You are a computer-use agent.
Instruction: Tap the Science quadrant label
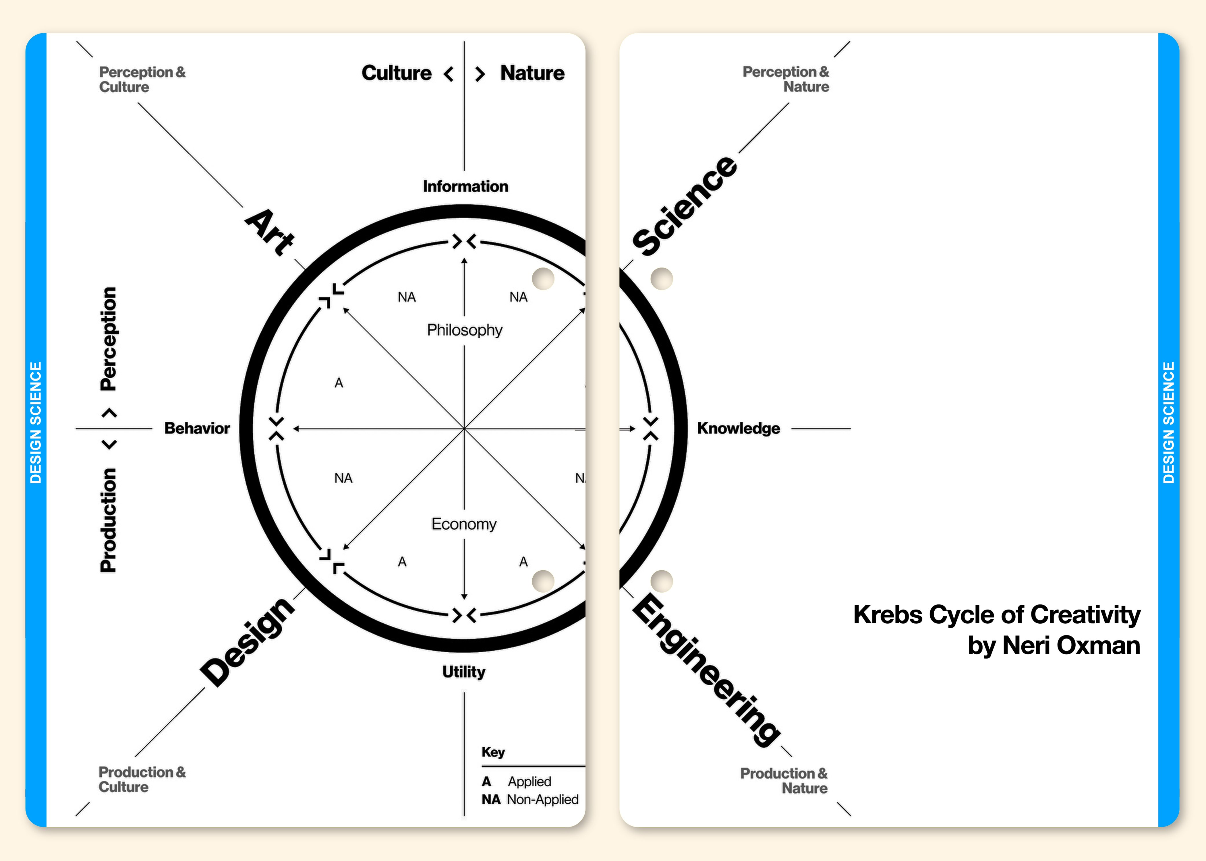685,206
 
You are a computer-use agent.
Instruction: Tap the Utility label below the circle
464,672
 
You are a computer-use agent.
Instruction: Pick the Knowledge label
738,428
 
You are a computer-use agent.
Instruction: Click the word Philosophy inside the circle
465,330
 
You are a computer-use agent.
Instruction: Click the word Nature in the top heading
532,73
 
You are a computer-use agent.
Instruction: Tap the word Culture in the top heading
397,73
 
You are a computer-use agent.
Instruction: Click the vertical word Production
109,519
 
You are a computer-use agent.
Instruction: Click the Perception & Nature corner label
786,79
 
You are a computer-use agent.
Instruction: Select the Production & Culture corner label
142,779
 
